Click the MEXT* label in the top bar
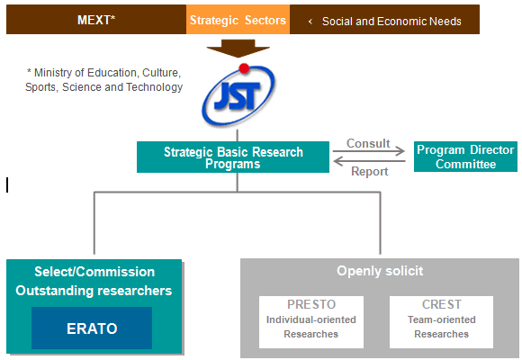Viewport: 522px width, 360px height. click(x=96, y=20)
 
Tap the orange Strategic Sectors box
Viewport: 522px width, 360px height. click(x=238, y=19)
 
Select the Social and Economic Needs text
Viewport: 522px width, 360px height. click(x=391, y=22)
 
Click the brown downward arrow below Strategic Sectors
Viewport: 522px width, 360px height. click(x=238, y=49)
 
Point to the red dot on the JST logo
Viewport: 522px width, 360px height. click(x=244, y=68)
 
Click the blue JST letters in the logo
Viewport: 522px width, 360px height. click(x=237, y=96)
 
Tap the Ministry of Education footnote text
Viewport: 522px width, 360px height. click(x=103, y=79)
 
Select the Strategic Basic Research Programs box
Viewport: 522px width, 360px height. click(x=233, y=157)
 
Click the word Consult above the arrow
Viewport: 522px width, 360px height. click(x=368, y=143)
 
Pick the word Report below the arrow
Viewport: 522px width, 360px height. click(x=370, y=172)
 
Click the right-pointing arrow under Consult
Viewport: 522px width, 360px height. click(x=369, y=151)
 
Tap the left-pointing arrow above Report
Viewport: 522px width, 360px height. click(x=370, y=161)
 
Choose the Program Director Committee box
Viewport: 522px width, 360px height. click(x=465, y=157)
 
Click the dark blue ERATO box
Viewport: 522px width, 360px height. click(x=92, y=328)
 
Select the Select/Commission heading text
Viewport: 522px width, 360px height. click(x=94, y=272)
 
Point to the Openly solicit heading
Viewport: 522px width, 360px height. click(x=380, y=271)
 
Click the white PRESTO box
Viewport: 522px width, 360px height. click(x=311, y=322)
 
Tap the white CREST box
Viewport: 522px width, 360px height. click(x=441, y=322)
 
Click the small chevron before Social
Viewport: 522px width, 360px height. click(x=310, y=22)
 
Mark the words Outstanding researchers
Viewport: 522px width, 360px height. click(x=94, y=291)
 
